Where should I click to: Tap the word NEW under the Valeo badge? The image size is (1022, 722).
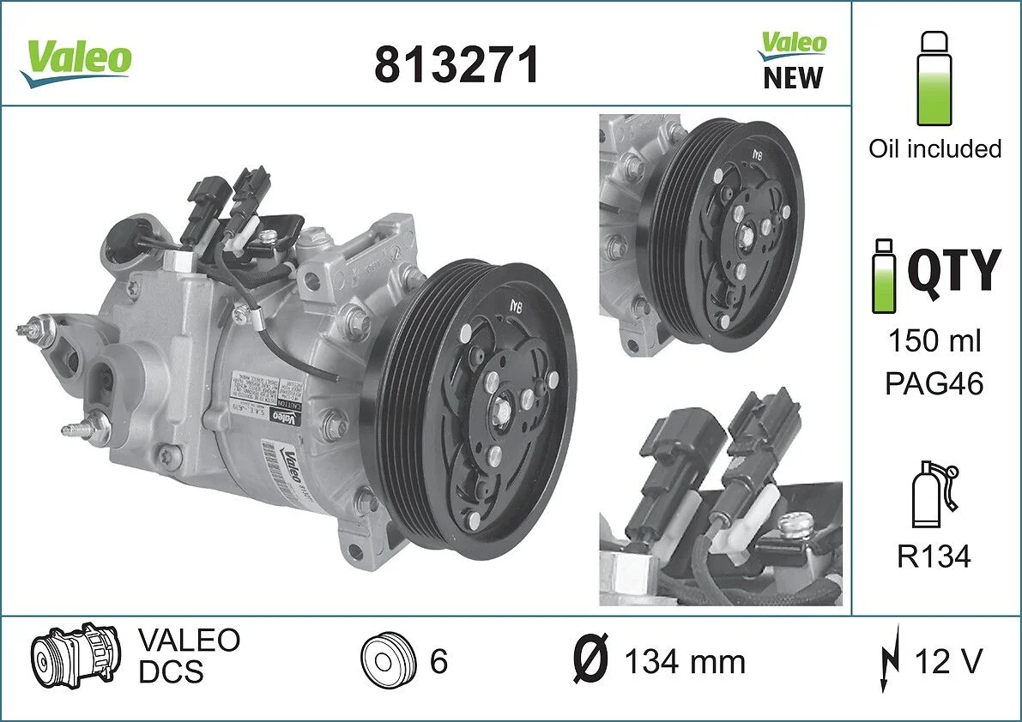[792, 78]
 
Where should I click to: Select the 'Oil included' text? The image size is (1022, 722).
[934, 148]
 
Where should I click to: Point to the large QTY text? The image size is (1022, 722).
[953, 270]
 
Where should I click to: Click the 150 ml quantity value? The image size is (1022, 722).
[934, 341]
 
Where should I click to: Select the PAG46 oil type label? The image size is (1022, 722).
[934, 383]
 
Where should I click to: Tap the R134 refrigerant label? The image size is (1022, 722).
[934, 557]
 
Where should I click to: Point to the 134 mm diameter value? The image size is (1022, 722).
[684, 662]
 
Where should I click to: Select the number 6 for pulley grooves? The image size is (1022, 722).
[438, 662]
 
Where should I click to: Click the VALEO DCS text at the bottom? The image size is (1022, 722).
[189, 656]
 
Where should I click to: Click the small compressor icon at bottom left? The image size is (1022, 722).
[75, 658]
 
